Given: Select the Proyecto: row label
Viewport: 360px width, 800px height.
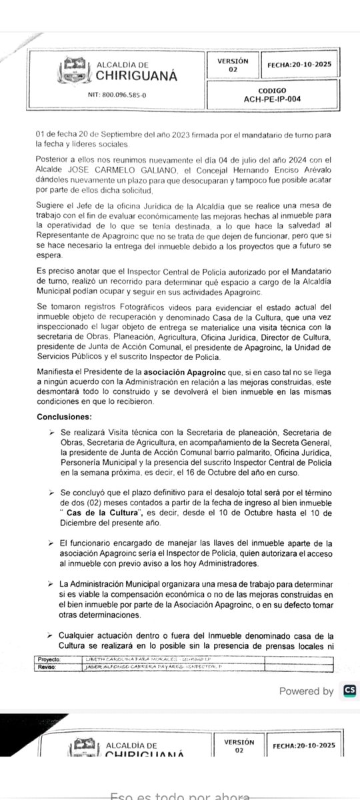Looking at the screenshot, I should click(x=50, y=640).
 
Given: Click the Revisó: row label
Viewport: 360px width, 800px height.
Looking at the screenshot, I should click(x=49, y=647).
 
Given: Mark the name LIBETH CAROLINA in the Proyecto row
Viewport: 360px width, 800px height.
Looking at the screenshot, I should click(x=113, y=640).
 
